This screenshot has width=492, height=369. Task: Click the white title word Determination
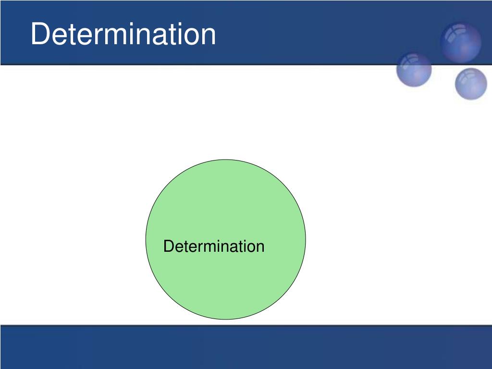tap(123, 34)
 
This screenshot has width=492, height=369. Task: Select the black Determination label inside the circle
tap(214, 246)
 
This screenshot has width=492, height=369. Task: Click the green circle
tap(226, 239)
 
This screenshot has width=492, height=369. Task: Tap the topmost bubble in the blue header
tap(461, 42)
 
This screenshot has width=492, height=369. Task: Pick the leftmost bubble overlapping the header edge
tap(414, 69)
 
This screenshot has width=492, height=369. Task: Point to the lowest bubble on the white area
tap(471, 84)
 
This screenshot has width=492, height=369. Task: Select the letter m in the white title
tap(112, 37)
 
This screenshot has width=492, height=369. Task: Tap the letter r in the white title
tap(96, 37)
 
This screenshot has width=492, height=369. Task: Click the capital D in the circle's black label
tap(169, 246)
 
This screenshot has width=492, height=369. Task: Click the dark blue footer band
tap(246, 347)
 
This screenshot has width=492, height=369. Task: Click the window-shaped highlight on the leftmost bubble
tap(409, 61)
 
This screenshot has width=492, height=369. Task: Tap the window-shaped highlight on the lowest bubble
tap(467, 75)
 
